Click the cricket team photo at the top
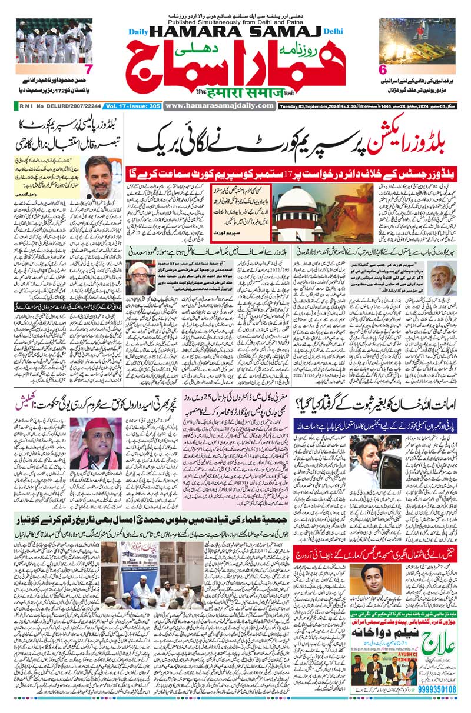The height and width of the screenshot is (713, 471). coord(54,42)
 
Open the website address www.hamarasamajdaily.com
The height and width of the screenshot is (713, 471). coord(220,105)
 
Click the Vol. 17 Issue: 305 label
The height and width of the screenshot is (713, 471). coord(133,106)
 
